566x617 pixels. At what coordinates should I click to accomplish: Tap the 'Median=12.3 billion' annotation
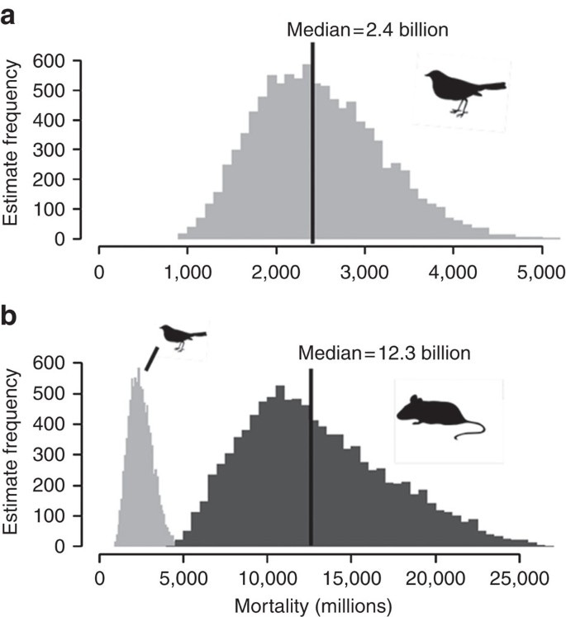pos(384,354)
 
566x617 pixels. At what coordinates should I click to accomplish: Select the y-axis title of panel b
pos(11,453)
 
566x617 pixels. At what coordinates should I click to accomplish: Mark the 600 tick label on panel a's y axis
pos(49,61)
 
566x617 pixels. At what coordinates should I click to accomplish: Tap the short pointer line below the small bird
pos(151,358)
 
